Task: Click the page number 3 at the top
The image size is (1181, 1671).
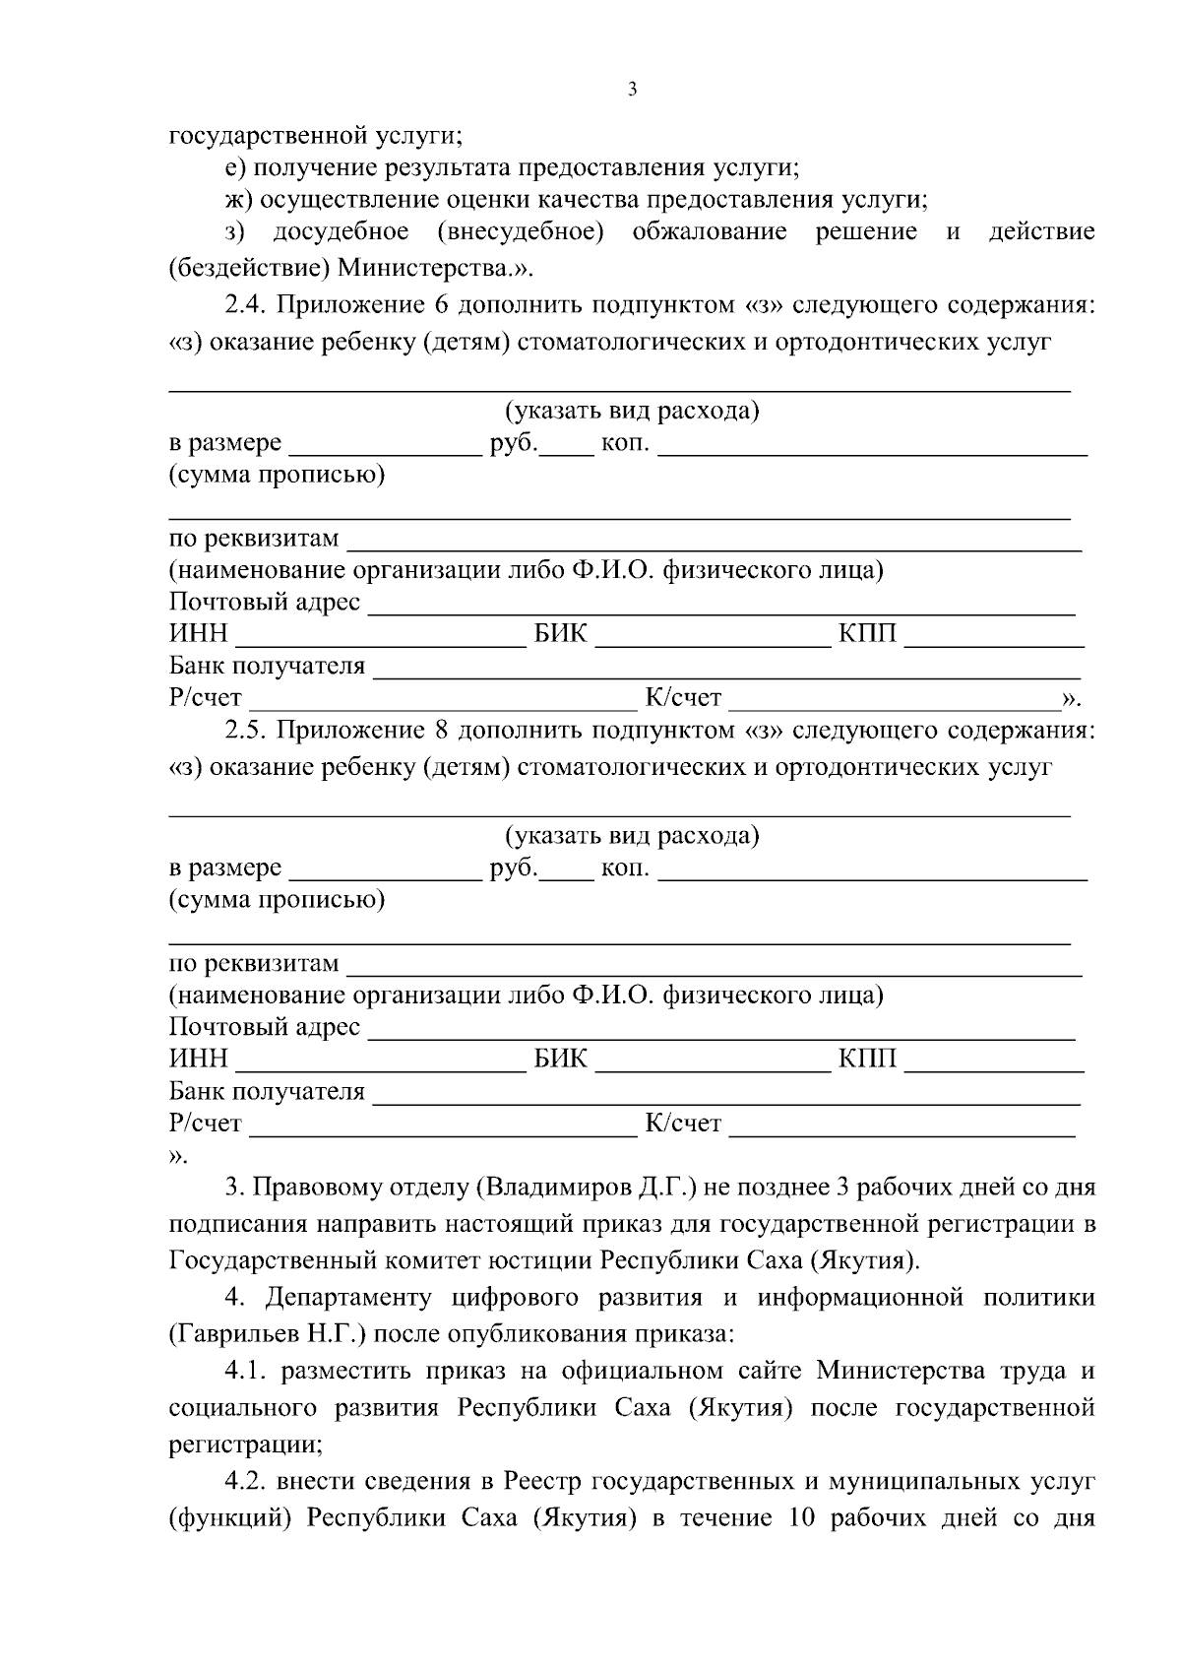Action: (x=632, y=90)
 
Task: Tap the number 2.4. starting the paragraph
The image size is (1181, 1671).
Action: (x=246, y=304)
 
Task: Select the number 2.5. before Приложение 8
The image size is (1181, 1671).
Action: (x=246, y=730)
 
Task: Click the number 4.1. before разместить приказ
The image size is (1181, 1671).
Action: (x=246, y=1371)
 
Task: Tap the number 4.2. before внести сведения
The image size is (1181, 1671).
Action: (x=246, y=1481)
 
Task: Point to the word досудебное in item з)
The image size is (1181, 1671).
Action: (x=341, y=232)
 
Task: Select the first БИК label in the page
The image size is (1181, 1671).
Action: (x=560, y=634)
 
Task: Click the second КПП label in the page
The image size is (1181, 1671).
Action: (x=867, y=1059)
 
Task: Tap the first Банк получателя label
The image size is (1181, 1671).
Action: (x=267, y=667)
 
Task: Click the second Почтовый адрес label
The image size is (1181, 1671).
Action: (x=265, y=1027)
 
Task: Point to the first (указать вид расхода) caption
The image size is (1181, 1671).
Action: (x=632, y=411)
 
